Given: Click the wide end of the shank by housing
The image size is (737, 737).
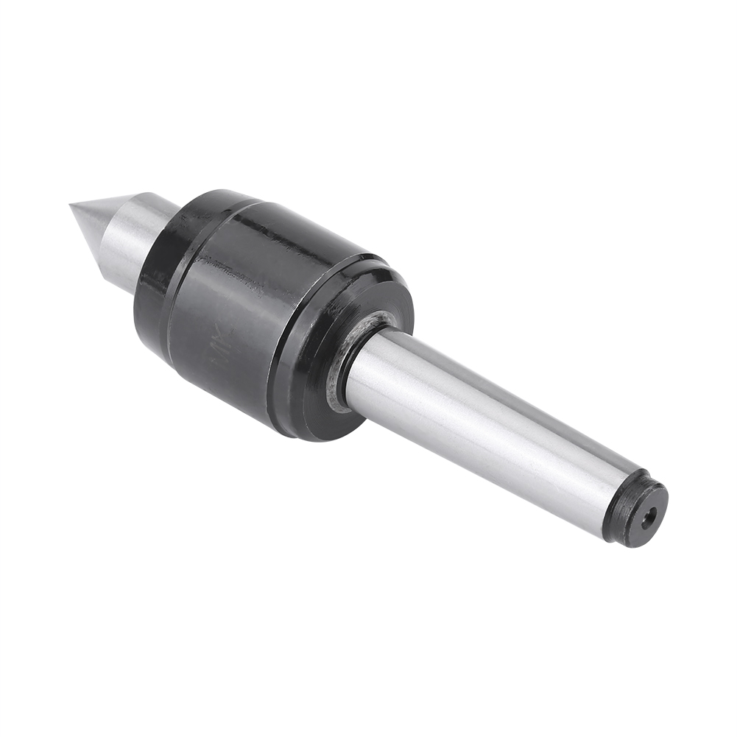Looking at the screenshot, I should (x=375, y=368).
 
